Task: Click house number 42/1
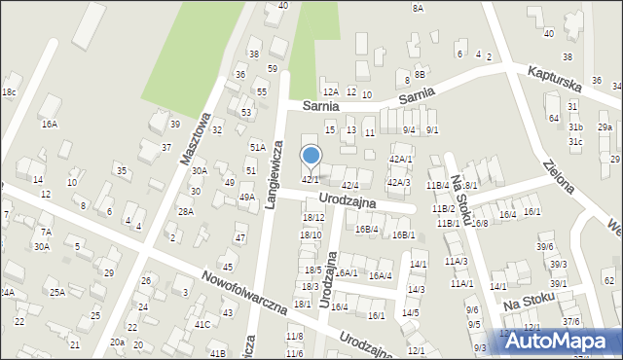310,179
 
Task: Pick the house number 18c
9,92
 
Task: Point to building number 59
273,69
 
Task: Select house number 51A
257,147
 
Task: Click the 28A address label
185,211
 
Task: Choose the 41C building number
202,324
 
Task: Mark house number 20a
117,342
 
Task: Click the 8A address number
418,8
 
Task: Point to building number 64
553,118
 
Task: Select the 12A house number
331,91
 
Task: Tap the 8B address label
420,74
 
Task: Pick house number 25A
57,292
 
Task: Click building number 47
239,237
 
